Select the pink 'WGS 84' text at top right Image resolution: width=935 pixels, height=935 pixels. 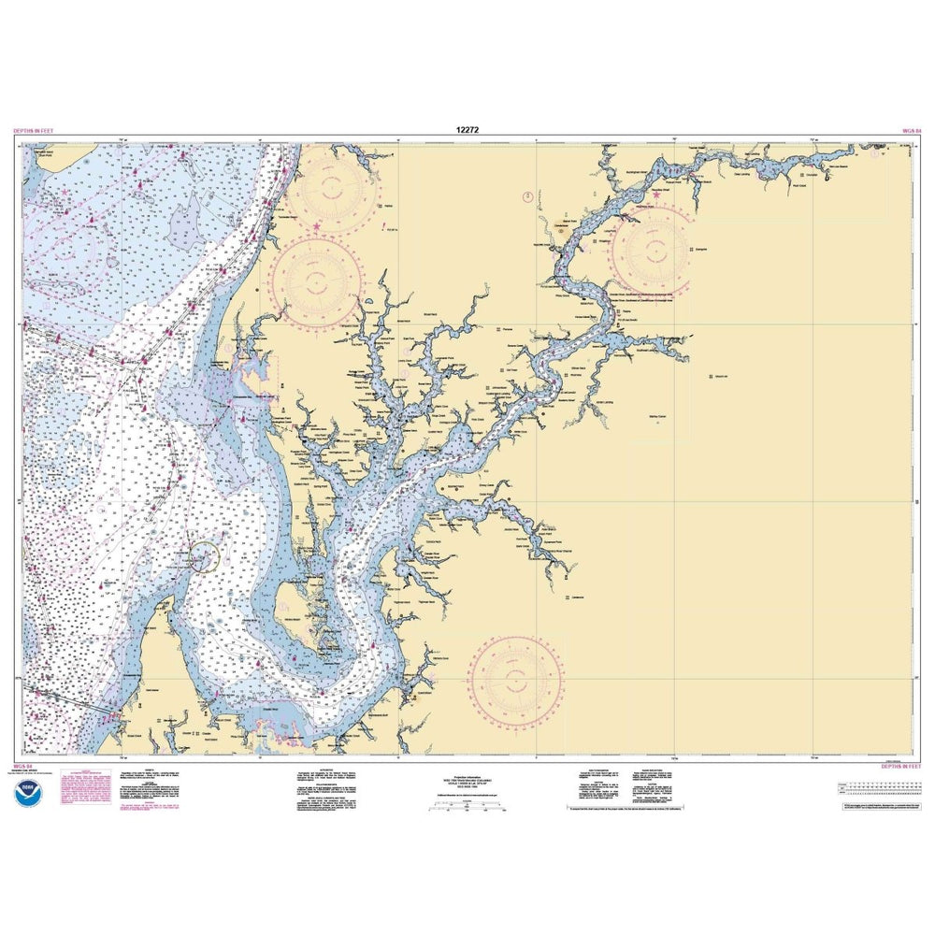pyautogui.click(x=912, y=132)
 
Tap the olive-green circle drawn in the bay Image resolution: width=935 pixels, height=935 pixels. pyautogui.click(x=205, y=556)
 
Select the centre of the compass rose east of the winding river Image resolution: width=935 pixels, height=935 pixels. pyautogui.click(x=652, y=250)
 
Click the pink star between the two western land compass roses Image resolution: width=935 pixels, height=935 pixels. pyautogui.click(x=316, y=225)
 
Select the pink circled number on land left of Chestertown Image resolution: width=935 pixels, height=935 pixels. pyautogui.click(x=527, y=196)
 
